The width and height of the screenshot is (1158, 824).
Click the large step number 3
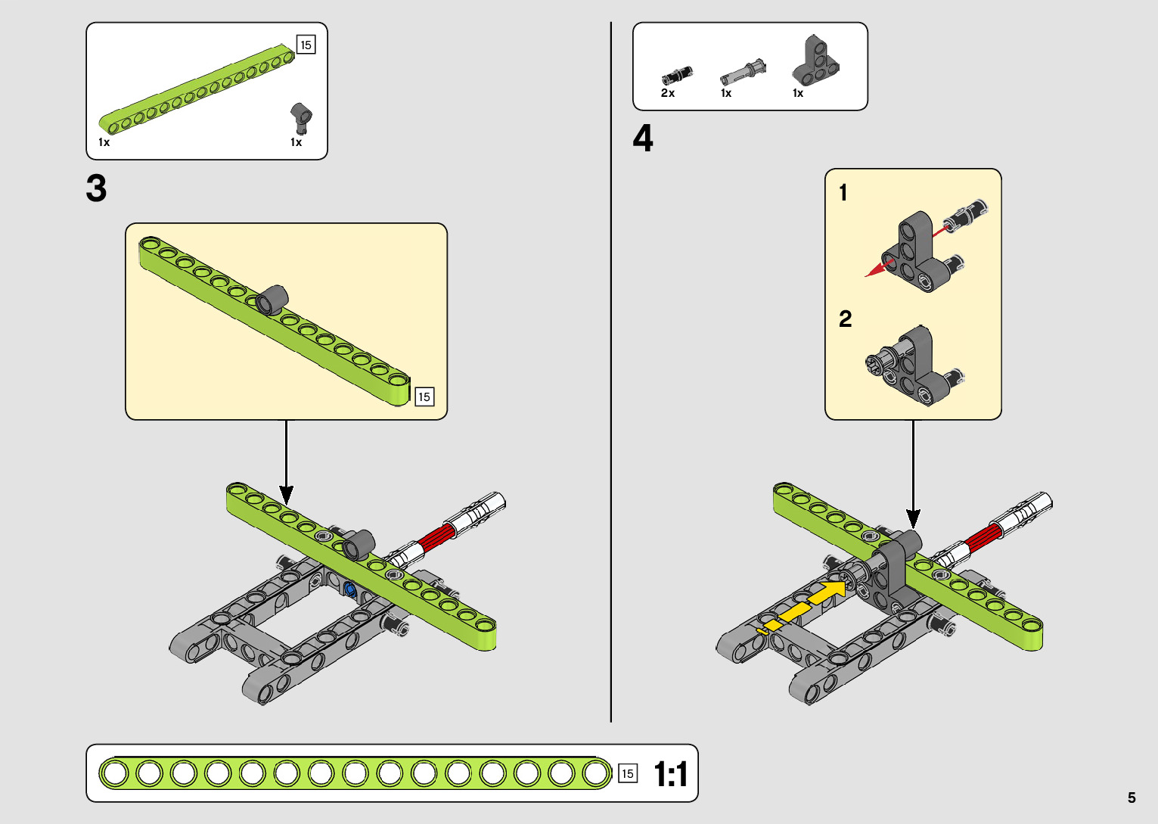(96, 188)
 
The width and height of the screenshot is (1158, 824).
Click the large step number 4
(643, 138)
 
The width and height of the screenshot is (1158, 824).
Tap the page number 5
(1132, 797)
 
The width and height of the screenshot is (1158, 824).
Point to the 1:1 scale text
(670, 774)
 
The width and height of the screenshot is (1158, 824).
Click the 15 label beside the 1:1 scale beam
(628, 773)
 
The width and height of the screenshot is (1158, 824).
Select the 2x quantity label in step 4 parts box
(667, 93)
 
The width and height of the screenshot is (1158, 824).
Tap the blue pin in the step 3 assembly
(350, 589)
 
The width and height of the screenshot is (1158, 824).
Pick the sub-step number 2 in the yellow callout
(845, 319)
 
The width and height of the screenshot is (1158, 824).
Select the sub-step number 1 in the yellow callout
(843, 192)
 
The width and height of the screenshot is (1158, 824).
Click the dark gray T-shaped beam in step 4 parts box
(815, 61)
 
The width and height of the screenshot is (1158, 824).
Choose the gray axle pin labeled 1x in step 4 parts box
(743, 72)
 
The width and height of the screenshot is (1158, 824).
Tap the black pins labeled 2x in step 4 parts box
(677, 76)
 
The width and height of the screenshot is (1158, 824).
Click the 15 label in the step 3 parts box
(306, 45)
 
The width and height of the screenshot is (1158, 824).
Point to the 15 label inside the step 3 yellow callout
(424, 396)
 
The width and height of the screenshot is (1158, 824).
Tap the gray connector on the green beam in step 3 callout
(272, 300)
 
